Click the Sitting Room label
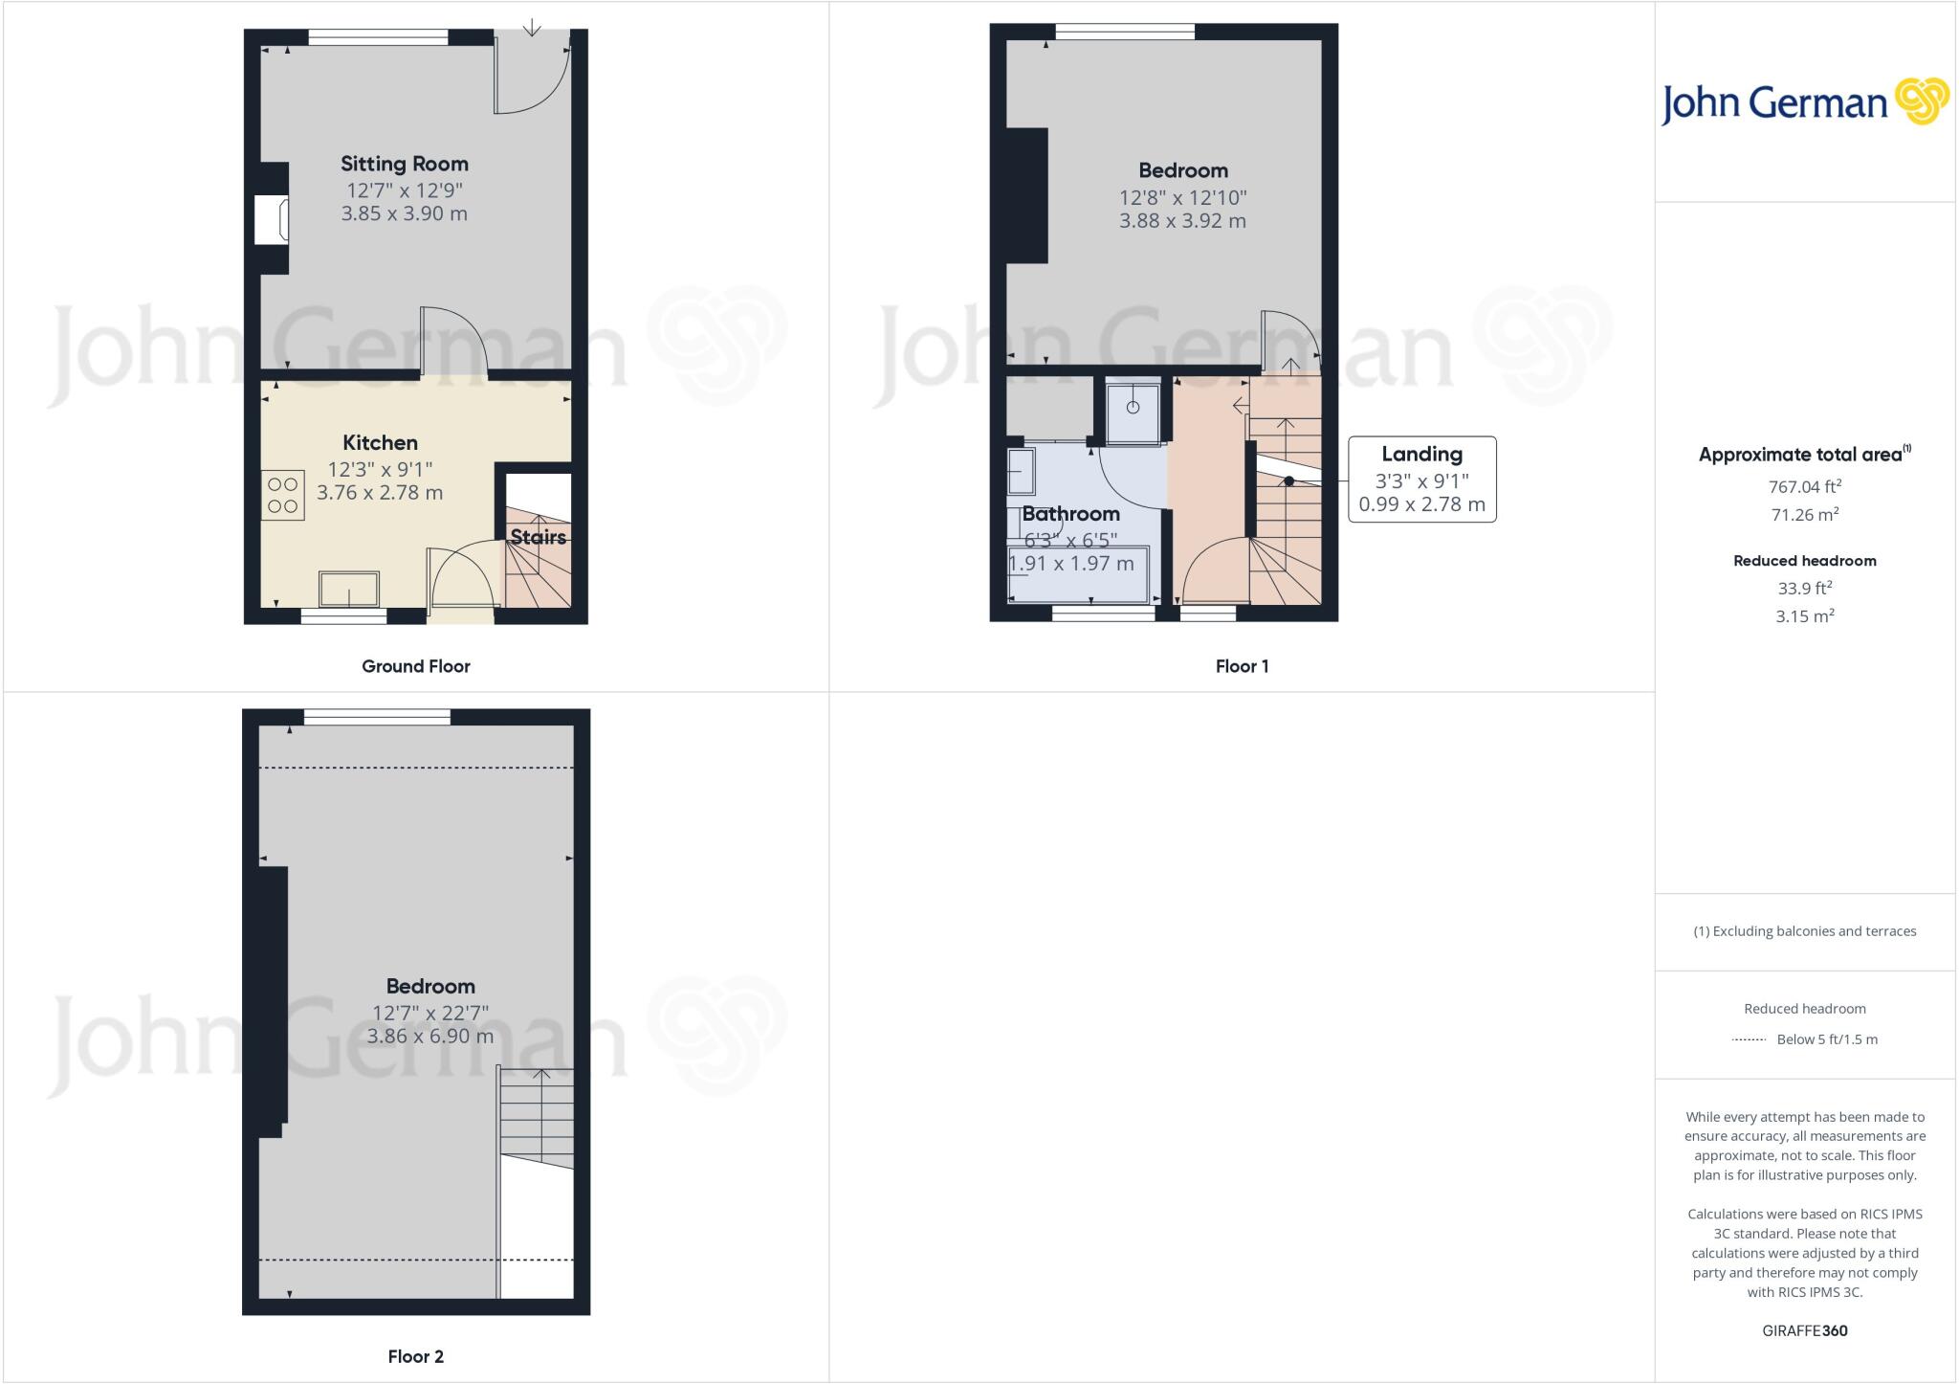(x=404, y=164)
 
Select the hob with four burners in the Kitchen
(x=282, y=495)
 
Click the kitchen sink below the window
(x=349, y=589)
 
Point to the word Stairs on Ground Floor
(x=538, y=537)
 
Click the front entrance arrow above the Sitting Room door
(x=532, y=27)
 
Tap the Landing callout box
(x=1421, y=480)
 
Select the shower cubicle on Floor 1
(x=1133, y=411)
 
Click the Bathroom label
(x=1070, y=514)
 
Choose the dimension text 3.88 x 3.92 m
(x=1182, y=221)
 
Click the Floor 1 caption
(x=1242, y=666)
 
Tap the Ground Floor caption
(x=415, y=666)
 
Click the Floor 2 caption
(x=415, y=1356)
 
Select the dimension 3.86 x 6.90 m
(x=429, y=1036)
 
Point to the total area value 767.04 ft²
(x=1804, y=486)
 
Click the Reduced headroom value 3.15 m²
(x=1804, y=616)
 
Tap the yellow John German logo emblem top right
(x=1921, y=101)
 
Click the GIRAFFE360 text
(x=1804, y=1330)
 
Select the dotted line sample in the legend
(x=1749, y=1039)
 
